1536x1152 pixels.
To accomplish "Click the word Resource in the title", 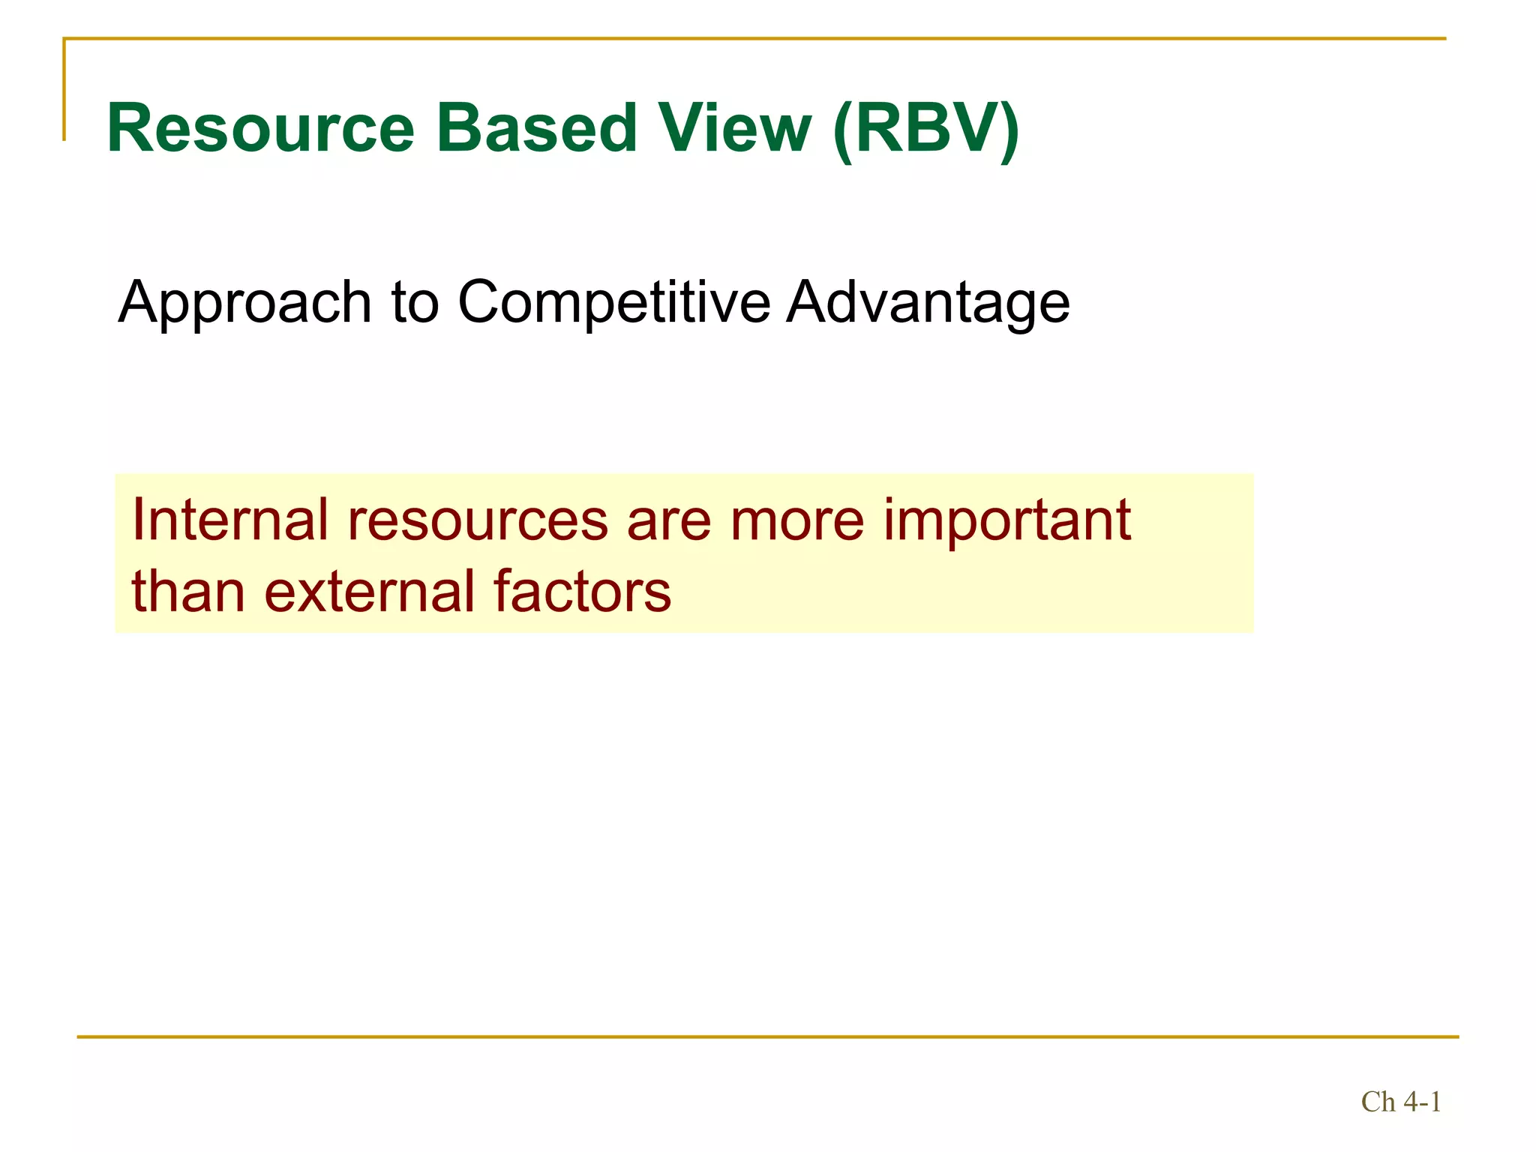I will pyautogui.click(x=260, y=128).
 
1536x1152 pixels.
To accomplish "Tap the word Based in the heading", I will pyautogui.click(x=535, y=128).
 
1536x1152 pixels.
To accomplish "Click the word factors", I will pyautogui.click(x=582, y=592).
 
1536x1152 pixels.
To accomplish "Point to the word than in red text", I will pyautogui.click(x=188, y=592).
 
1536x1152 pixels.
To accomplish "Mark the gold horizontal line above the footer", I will pyautogui.click(x=768, y=1037).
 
